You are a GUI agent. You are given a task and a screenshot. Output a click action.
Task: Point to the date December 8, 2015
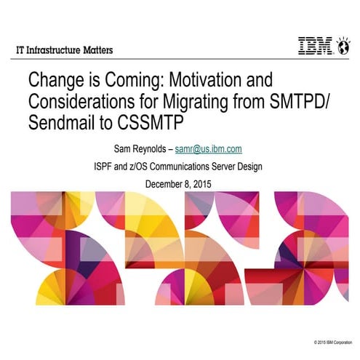click(x=180, y=183)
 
